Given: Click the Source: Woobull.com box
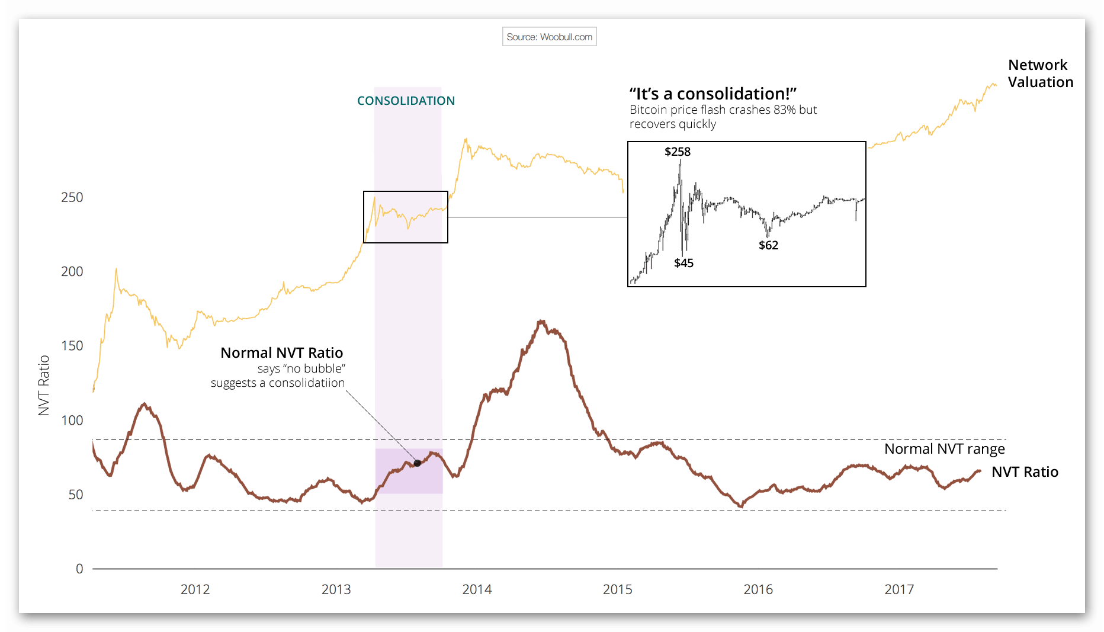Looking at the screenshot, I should click(549, 37).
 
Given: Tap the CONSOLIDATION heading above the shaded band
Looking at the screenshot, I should click(406, 101).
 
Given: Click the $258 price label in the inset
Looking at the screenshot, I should click(678, 152).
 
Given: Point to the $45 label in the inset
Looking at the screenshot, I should click(683, 263).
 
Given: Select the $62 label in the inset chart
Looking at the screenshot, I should click(768, 245).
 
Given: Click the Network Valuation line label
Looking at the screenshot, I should click(1040, 73).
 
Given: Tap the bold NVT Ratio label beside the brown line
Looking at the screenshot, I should click(1025, 472).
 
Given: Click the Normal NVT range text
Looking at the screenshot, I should click(944, 449).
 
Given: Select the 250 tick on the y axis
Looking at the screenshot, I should click(72, 197).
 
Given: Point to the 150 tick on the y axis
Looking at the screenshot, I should click(72, 346).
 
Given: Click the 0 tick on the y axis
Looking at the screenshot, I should click(79, 569).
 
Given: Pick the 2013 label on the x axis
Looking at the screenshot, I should click(336, 589).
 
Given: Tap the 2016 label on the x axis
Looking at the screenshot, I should click(758, 589).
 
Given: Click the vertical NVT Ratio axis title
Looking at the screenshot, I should click(44, 386).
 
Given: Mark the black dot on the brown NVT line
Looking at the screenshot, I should click(417, 463).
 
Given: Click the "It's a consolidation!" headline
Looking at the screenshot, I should click(713, 94).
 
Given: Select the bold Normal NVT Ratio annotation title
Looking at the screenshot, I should click(281, 353).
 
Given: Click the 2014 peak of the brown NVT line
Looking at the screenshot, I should click(541, 322).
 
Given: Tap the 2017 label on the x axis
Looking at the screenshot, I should click(899, 589).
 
